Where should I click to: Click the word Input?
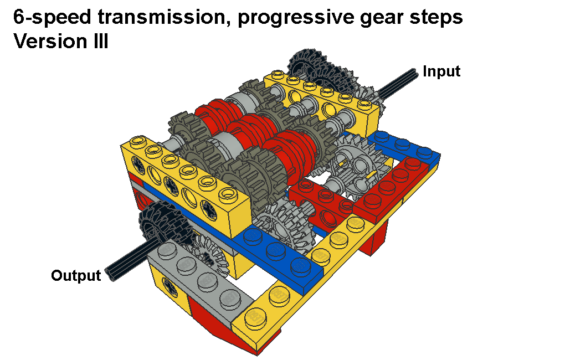tap(441, 71)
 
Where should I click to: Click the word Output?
tap(76, 275)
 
